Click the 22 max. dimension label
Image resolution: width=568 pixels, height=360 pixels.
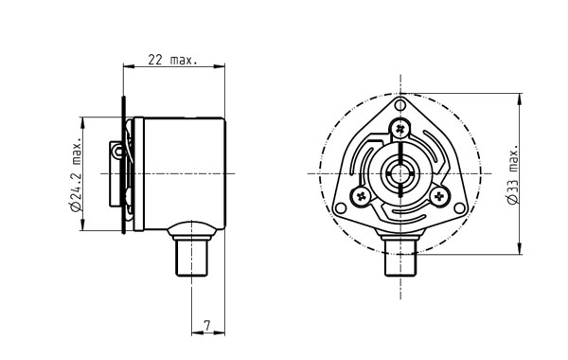click(173, 60)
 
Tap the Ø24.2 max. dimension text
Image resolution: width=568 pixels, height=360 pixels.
click(77, 174)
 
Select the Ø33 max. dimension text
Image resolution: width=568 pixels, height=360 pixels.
click(513, 174)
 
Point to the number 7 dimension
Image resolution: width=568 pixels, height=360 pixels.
click(206, 326)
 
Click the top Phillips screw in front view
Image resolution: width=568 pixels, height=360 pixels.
click(400, 128)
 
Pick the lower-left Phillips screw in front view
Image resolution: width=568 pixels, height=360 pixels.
click(362, 196)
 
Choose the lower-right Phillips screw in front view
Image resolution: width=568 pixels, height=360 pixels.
click(439, 197)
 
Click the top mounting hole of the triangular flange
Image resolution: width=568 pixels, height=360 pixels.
click(400, 105)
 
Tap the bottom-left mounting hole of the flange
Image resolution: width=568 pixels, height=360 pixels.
click(341, 208)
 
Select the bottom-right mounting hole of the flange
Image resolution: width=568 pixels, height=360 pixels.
click(459, 208)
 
